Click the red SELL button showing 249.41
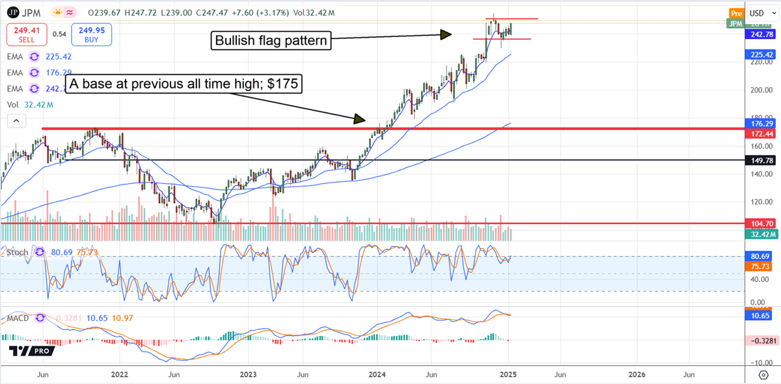(x=27, y=34)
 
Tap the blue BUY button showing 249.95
(x=92, y=34)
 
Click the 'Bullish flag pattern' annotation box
(x=270, y=42)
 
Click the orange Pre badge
(x=736, y=13)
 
